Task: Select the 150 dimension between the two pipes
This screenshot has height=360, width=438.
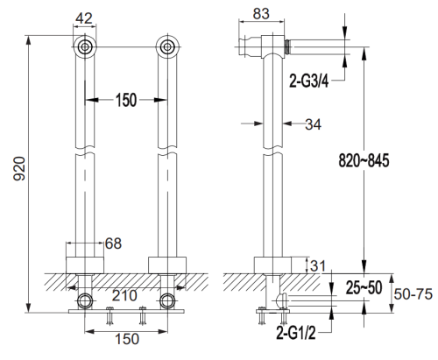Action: click(124, 101)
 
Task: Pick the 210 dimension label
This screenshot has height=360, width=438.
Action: click(124, 297)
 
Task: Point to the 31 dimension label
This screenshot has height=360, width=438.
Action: click(318, 265)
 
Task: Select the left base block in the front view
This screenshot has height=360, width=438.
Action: click(84, 264)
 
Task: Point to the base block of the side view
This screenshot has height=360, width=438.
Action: click(273, 265)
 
